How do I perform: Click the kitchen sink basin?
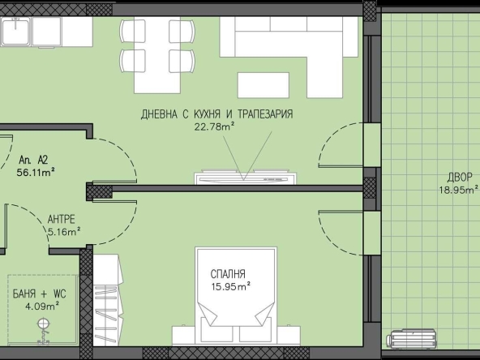tap(15, 31)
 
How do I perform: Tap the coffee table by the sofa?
tap(264, 85)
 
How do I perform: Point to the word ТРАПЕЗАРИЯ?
tap(265, 114)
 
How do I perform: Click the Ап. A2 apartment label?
tap(33, 160)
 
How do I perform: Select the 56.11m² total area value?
tap(36, 173)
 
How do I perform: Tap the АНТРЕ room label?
tap(62, 219)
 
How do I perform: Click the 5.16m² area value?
tap(64, 232)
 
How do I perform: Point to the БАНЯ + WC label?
tap(39, 294)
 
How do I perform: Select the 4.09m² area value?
tap(42, 306)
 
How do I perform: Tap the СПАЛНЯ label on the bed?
tap(228, 274)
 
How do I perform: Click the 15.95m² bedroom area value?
tap(231, 287)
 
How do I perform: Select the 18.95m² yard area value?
tap(459, 190)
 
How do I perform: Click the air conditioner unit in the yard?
tap(411, 339)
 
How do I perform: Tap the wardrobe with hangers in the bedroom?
tap(108, 300)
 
